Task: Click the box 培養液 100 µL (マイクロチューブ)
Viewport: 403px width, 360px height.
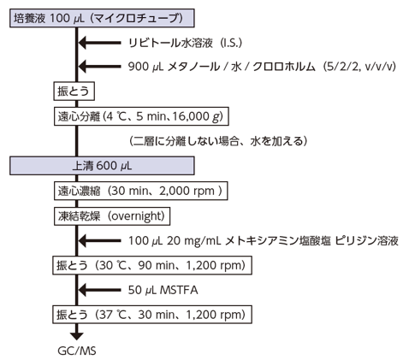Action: click(102, 18)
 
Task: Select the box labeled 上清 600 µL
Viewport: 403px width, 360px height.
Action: click(102, 166)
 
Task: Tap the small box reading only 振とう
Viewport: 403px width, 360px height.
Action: click(74, 91)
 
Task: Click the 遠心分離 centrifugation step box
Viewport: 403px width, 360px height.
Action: click(141, 116)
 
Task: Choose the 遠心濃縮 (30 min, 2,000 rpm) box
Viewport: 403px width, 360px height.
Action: click(141, 191)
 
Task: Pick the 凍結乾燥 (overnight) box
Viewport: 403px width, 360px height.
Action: click(112, 216)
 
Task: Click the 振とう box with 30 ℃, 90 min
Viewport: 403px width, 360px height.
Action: click(152, 265)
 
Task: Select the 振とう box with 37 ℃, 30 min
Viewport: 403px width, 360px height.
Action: click(152, 315)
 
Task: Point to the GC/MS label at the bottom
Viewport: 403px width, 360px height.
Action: click(77, 351)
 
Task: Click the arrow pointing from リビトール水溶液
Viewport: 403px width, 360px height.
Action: click(99, 43)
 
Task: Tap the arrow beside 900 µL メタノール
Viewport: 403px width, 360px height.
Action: click(99, 67)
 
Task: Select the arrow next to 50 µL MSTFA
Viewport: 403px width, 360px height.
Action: click(99, 290)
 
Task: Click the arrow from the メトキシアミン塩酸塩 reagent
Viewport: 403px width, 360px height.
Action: click(99, 241)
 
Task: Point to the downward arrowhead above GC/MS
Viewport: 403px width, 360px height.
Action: click(77, 336)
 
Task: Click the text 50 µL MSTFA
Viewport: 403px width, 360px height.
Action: click(163, 290)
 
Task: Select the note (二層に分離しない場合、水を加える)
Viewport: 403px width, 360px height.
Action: click(218, 141)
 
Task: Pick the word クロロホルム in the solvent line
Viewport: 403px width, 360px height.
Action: click(284, 67)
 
